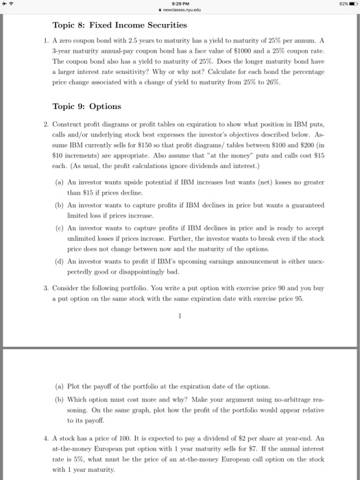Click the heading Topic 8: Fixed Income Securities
[110, 25]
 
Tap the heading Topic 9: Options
[86, 106]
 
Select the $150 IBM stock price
[166, 156]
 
